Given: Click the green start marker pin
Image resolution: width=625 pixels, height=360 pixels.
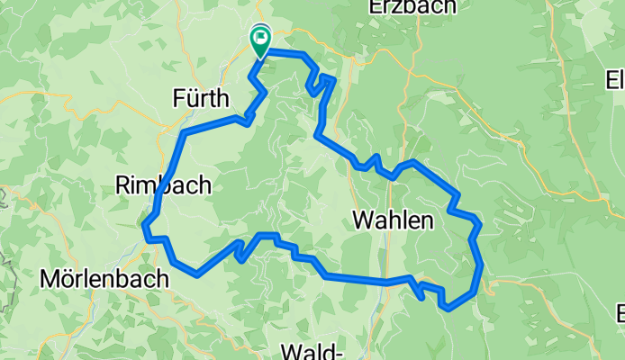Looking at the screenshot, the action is pyautogui.click(x=260, y=40).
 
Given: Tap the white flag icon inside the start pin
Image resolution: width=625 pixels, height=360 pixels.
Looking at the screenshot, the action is pyautogui.click(x=261, y=37).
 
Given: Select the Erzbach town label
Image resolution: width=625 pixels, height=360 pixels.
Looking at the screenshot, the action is pyautogui.click(x=412, y=7).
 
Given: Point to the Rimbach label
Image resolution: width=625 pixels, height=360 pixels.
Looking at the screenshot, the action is pyautogui.click(x=163, y=185).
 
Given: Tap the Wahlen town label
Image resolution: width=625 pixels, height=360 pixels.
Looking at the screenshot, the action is pyautogui.click(x=393, y=220).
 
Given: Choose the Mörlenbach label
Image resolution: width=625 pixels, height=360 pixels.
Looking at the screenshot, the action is pyautogui.click(x=104, y=279).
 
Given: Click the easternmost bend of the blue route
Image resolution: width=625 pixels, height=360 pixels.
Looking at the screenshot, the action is pyautogui.click(x=482, y=265).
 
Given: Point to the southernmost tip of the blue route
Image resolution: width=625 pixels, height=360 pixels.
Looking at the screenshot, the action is pyautogui.click(x=447, y=308).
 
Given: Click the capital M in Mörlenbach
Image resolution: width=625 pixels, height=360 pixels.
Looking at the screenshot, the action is pyautogui.click(x=50, y=279).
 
